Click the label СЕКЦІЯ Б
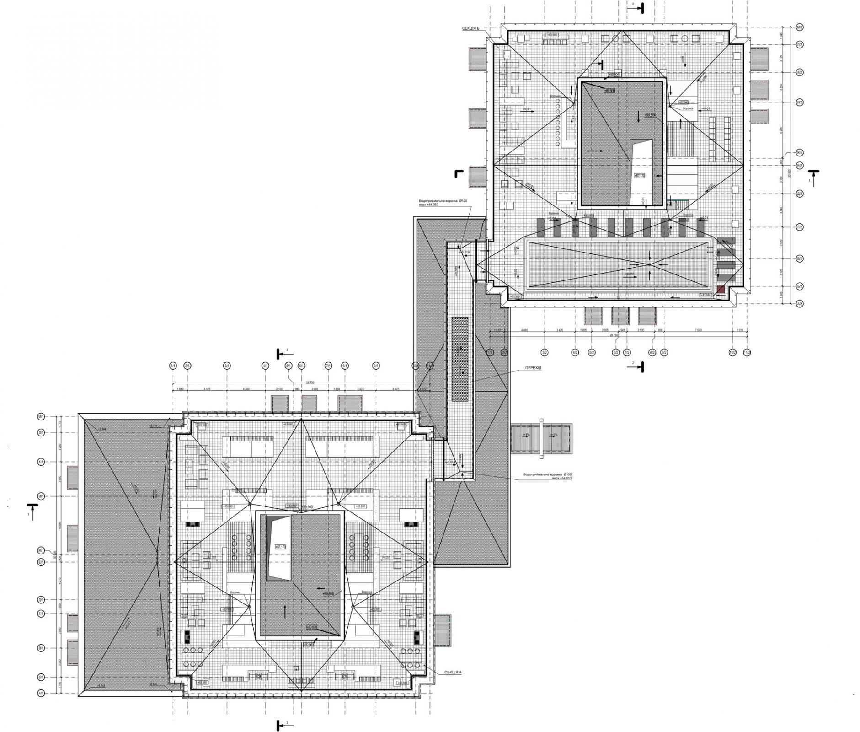pos(471,28)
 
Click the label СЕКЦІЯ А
pos(452,673)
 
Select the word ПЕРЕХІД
pos(533,368)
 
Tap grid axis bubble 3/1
pos(227,366)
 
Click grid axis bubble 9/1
pos(376,366)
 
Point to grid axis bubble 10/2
pos(733,352)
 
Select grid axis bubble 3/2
pos(545,352)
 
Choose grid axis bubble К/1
pos(41,462)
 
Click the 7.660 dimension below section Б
pos(699,330)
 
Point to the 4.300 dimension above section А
pos(246,389)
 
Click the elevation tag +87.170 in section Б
pos(639,175)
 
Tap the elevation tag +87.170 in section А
pos(281,546)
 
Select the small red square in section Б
pos(721,289)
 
